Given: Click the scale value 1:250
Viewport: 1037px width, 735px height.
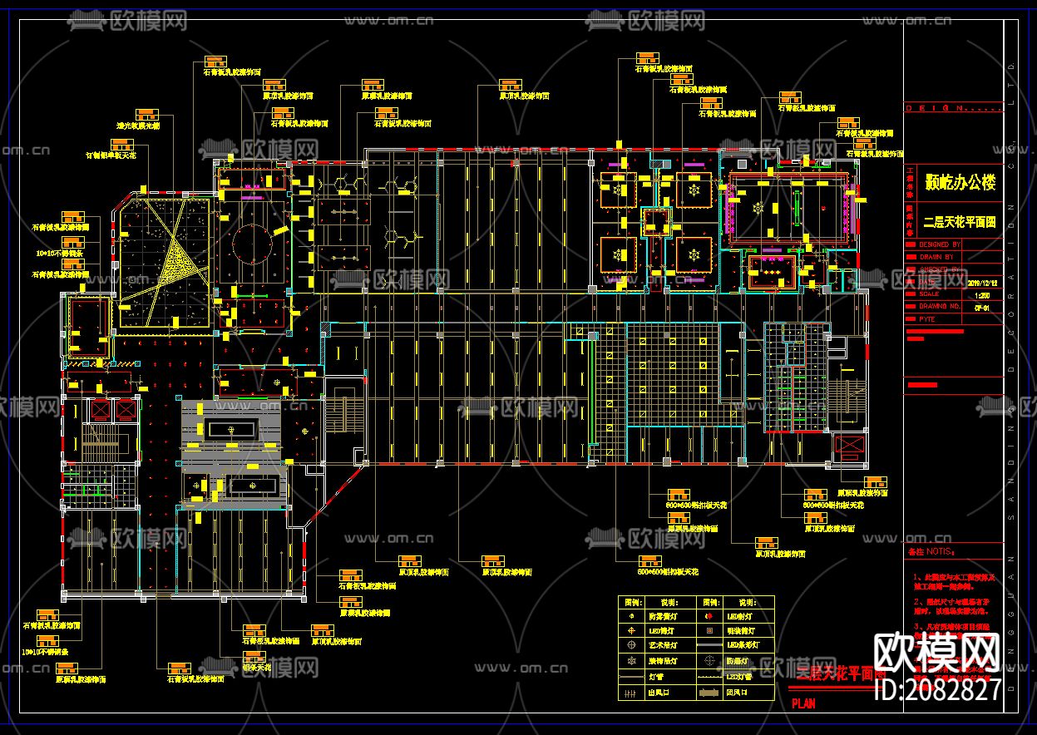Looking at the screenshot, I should click(x=981, y=294).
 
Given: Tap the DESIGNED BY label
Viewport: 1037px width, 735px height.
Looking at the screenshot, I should click(x=940, y=245).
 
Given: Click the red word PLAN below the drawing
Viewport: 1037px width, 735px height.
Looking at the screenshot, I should click(x=803, y=703).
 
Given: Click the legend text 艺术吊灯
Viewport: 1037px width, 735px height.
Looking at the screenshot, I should click(x=663, y=644).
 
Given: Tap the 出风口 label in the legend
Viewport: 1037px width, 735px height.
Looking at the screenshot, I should click(x=658, y=692).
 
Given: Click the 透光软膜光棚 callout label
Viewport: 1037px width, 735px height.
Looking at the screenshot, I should click(x=137, y=126).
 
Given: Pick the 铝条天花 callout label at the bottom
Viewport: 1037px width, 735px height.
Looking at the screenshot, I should click(x=256, y=667).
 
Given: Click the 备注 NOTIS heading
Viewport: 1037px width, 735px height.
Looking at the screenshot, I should click(x=931, y=551).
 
